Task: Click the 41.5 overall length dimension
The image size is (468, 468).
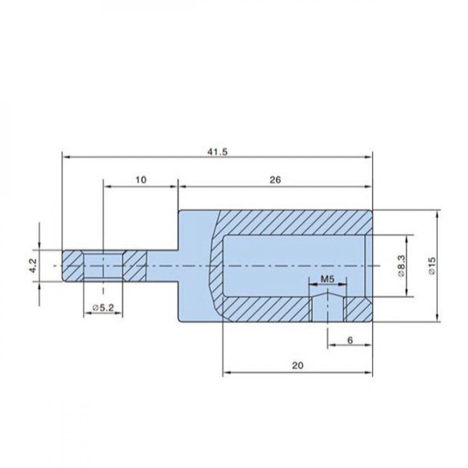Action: (217, 152)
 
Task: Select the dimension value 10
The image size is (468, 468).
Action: (141, 180)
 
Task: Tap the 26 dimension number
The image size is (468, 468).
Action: (275, 180)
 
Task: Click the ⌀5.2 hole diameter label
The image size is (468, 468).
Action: (103, 308)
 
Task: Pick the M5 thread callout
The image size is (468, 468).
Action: (328, 279)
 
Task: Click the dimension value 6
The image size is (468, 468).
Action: (350, 340)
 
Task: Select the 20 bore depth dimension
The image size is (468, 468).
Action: (297, 366)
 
